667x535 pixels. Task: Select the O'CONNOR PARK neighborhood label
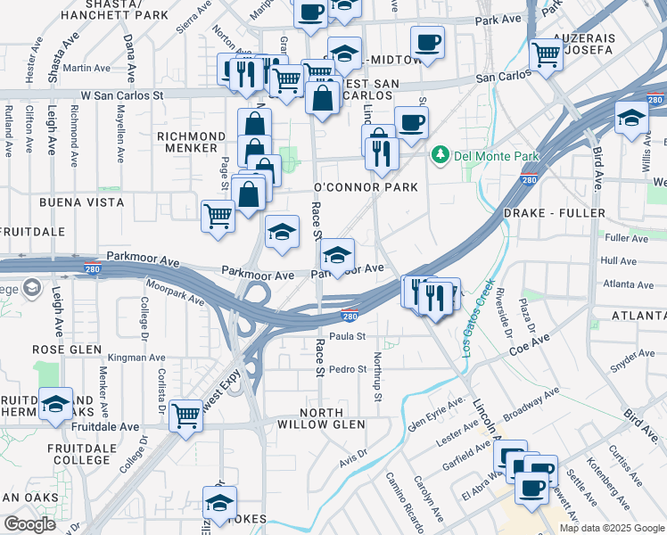click(x=366, y=188)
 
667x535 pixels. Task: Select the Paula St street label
click(x=349, y=336)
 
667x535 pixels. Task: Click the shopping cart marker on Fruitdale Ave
click(x=186, y=416)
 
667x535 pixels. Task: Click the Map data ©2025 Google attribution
click(x=612, y=528)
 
